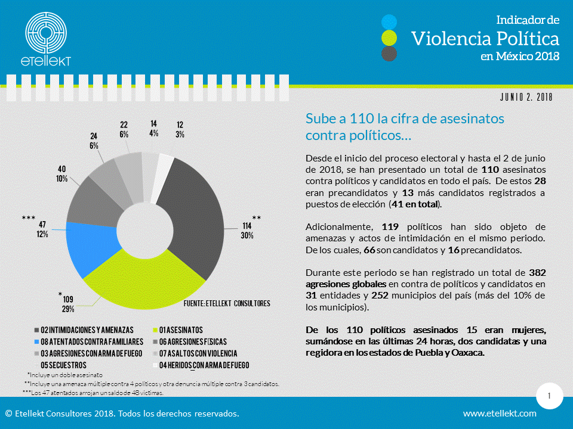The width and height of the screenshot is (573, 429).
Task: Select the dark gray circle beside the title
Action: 389,54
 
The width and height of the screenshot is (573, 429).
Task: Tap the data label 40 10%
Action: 62,174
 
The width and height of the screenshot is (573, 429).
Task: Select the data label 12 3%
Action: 180,129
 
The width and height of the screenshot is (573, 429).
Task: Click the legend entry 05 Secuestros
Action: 63,365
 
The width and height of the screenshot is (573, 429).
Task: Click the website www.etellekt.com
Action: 500,414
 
